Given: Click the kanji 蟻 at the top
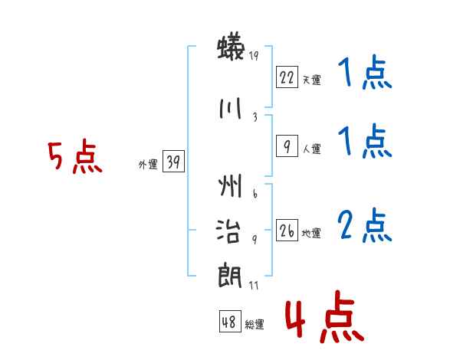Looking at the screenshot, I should point(230,50).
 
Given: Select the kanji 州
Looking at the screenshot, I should point(230,186).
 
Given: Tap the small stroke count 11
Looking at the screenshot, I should point(255,286).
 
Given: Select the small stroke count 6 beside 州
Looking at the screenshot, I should point(254,195).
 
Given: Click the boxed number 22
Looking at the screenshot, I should point(287,77).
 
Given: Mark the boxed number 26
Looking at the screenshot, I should point(287,231).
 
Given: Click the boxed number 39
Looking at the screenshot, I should point(174,162).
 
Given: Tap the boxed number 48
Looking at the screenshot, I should point(229,322).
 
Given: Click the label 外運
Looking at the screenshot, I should point(148,164).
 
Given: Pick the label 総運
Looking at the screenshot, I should point(254,325).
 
